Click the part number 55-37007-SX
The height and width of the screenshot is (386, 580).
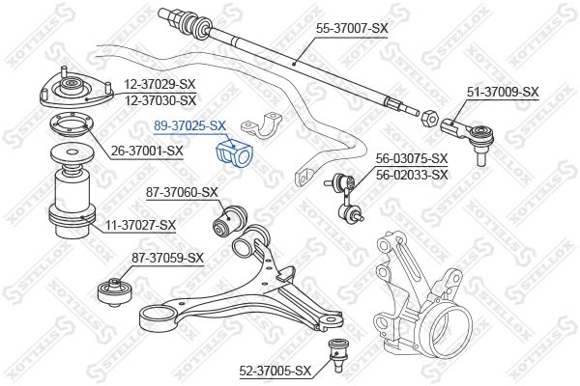(352, 28)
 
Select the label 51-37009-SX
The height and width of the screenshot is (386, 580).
(503, 92)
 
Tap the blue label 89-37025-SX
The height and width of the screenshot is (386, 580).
(189, 126)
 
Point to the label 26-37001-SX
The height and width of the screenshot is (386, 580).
(147, 151)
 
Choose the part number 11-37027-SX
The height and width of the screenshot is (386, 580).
(140, 225)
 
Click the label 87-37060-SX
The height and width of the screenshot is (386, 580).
(182, 192)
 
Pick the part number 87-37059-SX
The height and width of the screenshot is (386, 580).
(167, 258)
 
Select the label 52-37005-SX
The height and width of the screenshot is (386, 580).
(275, 371)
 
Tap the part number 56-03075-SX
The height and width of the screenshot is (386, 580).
(412, 158)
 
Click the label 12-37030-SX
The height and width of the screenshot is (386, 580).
(159, 100)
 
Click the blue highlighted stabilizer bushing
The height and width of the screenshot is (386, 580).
(233, 153)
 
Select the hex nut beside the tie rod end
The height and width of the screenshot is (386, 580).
(430, 117)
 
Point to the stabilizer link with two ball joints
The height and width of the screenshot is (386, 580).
(345, 198)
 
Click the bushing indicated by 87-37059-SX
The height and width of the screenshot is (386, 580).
(115, 292)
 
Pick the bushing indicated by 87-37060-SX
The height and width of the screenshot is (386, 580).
(231, 222)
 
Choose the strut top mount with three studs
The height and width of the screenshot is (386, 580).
(75, 91)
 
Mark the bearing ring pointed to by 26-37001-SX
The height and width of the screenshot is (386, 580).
(72, 126)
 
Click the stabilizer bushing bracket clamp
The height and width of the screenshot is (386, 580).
(262, 125)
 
